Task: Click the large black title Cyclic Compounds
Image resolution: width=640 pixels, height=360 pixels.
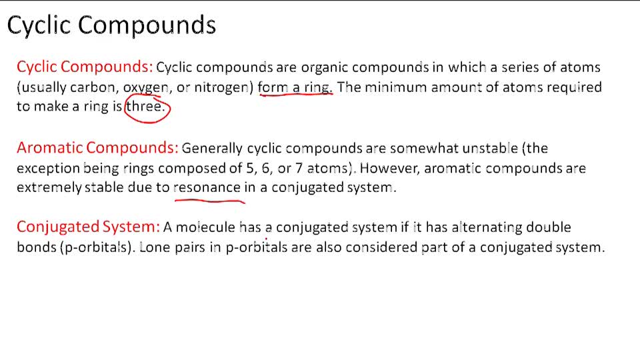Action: pyautogui.click(x=111, y=25)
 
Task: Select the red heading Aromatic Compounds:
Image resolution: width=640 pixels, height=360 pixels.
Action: pyautogui.click(x=97, y=147)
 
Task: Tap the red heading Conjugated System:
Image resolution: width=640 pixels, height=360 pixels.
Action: pyautogui.click(x=88, y=227)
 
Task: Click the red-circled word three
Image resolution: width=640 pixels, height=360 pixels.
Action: pyautogui.click(x=144, y=107)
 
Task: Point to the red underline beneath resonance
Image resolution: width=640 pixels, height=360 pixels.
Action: pyautogui.click(x=209, y=199)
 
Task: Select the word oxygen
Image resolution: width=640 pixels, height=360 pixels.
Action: pyautogui.click(x=146, y=87)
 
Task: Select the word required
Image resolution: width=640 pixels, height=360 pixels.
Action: pyautogui.click(x=573, y=87)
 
